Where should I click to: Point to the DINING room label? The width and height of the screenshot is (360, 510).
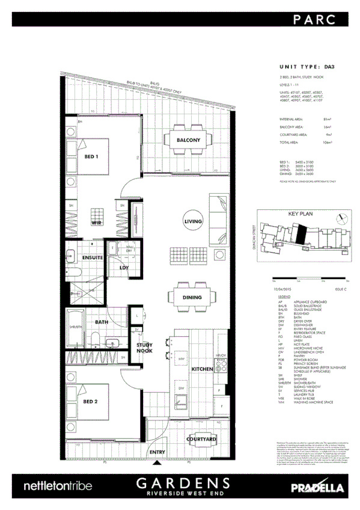[192, 296]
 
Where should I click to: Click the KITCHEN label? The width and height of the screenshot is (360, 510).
[203, 368]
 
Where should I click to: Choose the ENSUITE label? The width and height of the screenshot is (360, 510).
[93, 257]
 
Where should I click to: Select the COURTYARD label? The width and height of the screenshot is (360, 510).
[202, 440]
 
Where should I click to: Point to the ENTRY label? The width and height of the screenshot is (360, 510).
[157, 452]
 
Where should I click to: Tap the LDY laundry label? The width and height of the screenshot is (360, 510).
[125, 268]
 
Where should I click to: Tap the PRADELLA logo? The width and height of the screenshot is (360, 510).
[311, 487]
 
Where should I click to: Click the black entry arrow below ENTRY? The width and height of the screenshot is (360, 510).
[159, 462]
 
